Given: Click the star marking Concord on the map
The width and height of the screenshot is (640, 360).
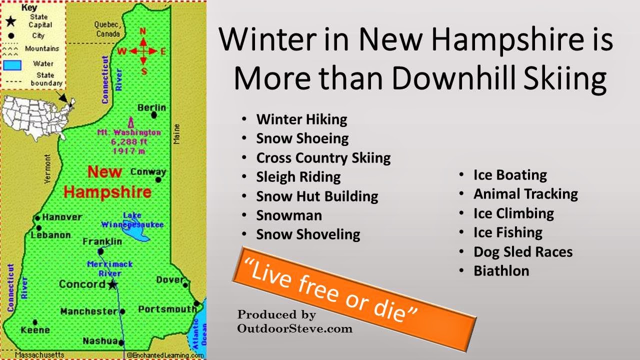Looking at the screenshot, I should point(112,284).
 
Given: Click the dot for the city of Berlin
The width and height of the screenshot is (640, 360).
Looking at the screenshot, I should point(154,115).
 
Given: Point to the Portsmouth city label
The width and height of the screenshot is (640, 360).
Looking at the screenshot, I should point(167,309).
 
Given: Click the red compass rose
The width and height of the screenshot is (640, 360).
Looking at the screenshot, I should point(143,50).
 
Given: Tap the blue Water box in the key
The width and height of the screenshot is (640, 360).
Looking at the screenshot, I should point(13,65).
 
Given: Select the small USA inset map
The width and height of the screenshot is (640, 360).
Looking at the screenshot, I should point(35,117).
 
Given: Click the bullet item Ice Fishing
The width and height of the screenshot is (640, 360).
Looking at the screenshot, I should point(507,232).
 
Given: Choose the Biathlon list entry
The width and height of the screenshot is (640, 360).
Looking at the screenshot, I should point(501,271).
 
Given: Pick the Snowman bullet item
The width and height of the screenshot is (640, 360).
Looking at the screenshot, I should point(289,215).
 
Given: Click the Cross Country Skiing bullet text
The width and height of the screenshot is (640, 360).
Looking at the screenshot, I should point(323,158).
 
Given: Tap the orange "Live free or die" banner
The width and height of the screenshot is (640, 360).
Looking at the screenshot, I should point(353,292).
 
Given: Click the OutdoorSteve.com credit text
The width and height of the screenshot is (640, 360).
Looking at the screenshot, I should point(295,328).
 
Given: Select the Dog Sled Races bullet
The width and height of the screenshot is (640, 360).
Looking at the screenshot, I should point(523,252).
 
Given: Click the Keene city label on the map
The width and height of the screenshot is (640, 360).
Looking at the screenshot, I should point(35,329).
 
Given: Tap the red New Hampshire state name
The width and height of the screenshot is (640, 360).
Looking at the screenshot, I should point(107,182).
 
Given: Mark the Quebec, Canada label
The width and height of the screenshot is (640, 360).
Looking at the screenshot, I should point(107,29).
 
